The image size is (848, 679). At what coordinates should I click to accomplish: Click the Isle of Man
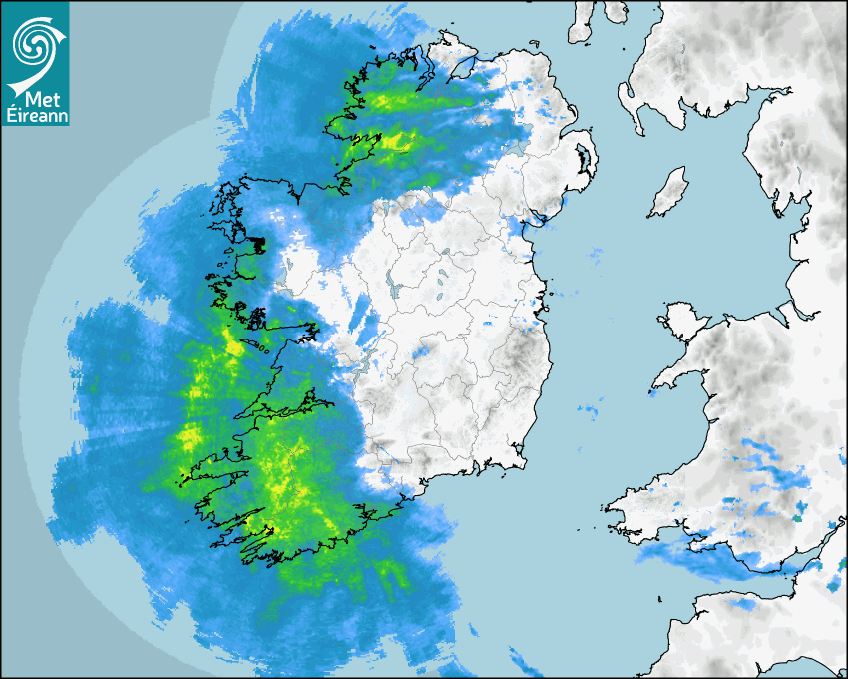point(669,193)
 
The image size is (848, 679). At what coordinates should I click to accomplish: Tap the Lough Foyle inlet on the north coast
point(461,65)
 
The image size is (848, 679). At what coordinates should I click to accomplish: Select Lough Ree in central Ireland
point(395,286)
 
